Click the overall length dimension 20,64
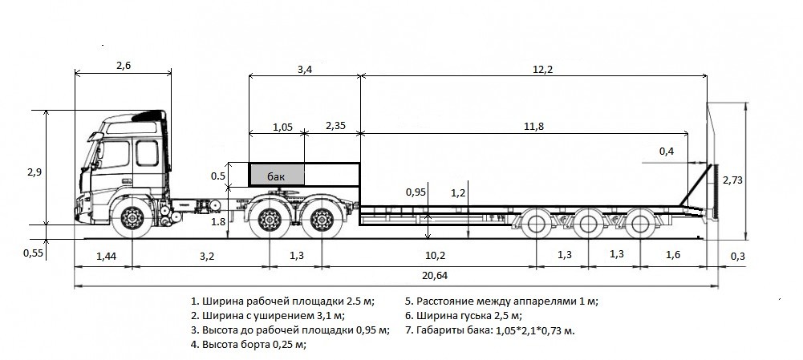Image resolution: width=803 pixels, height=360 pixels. (436, 276)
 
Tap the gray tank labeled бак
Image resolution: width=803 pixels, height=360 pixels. (277, 175)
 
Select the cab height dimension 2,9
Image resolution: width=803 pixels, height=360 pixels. (34, 172)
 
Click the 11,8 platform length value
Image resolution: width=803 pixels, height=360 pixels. (533, 127)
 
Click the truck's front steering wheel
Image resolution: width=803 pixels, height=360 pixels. (132, 218)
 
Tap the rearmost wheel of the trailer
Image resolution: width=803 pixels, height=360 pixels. (640, 223)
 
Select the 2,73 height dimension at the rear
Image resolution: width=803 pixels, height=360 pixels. (732, 180)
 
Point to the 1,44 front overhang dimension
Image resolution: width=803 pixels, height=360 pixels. (107, 256)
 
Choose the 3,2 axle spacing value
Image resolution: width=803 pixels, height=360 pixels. (206, 256)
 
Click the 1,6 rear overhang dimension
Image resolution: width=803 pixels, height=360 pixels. (673, 254)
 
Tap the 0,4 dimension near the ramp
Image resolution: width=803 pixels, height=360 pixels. (667, 151)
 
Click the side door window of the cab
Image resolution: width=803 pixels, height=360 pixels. (147, 153)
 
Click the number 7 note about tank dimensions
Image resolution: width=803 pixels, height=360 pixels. (490, 330)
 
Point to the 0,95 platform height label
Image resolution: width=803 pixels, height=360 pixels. (416, 192)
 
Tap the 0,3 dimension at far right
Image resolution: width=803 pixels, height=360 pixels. (738, 256)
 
